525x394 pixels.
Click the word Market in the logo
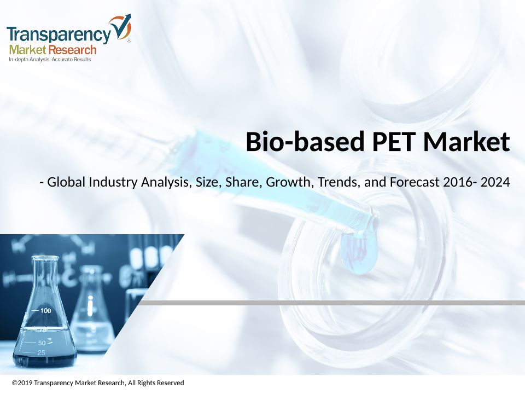point(27,50)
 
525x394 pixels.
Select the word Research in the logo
point(72,50)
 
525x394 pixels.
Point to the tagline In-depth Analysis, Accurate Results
point(50,60)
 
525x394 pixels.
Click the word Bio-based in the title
point(305,142)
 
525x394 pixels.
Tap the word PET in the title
point(393,142)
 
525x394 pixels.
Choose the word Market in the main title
point(466,142)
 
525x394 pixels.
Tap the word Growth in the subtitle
point(290,182)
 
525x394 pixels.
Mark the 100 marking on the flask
point(45,311)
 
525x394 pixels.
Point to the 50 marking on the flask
point(42,343)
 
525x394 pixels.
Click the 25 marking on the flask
point(41,352)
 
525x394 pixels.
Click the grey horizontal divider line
point(332,303)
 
